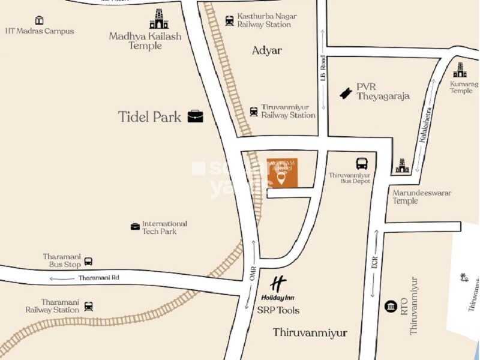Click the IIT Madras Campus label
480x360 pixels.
coord(40,31)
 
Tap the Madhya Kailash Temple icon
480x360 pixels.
coord(159,19)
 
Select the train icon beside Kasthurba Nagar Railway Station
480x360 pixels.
coord(229,20)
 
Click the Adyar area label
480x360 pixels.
coord(266,50)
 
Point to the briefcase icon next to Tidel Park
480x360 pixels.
coord(195,116)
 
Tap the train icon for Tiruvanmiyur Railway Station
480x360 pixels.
coord(254,111)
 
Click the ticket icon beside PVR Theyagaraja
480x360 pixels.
coord(345,92)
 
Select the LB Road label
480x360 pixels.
coord(323,68)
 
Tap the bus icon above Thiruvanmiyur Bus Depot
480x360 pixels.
coord(362,163)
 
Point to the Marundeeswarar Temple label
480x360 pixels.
coord(422,197)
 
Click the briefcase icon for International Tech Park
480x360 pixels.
coord(136,226)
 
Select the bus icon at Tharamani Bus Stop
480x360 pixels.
coord(88,261)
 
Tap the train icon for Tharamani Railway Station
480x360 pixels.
coord(89,306)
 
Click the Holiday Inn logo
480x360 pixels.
coord(278,287)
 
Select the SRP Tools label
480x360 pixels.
coord(278,310)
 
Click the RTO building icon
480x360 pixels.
coord(391,306)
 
